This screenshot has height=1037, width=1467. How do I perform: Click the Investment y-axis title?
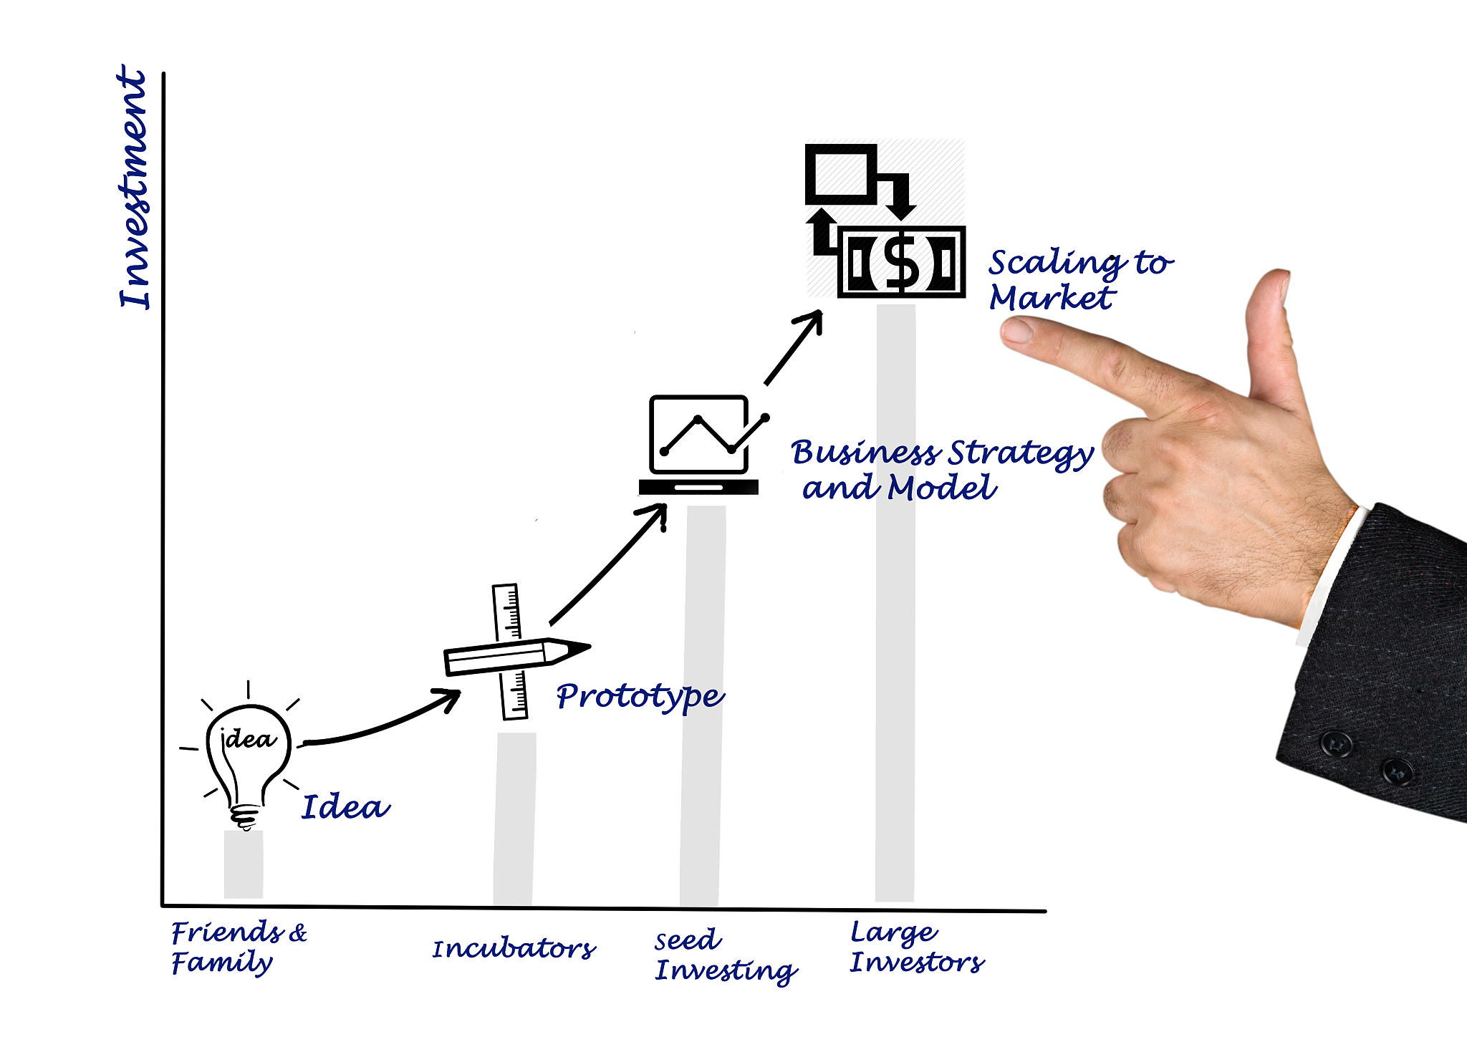[134, 188]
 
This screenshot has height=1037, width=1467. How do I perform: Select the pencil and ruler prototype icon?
[516, 652]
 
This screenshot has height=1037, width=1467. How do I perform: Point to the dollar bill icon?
[901, 261]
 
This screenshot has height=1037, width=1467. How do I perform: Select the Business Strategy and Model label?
[941, 470]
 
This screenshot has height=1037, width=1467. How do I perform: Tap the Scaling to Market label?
[1080, 280]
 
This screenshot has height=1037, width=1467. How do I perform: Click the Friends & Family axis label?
[239, 947]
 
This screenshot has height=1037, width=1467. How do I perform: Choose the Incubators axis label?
[514, 949]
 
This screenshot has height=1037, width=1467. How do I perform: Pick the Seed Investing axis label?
[726, 957]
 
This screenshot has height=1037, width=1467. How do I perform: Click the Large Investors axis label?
[917, 947]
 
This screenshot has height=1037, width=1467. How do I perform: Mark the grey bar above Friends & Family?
[244, 864]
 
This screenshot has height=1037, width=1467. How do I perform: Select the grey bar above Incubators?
[514, 819]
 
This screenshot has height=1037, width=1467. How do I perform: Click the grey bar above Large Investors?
[895, 603]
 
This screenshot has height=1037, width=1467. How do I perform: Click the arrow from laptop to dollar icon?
[793, 348]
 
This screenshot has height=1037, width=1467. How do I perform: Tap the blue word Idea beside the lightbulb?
[346, 807]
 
